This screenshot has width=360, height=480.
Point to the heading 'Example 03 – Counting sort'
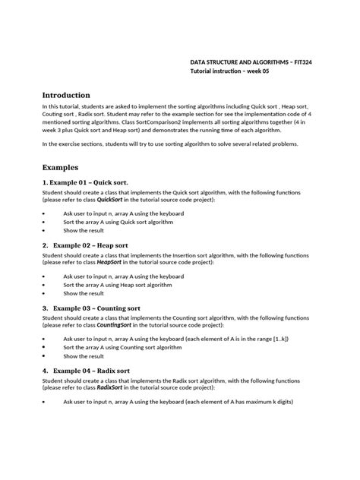tap(97, 308)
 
